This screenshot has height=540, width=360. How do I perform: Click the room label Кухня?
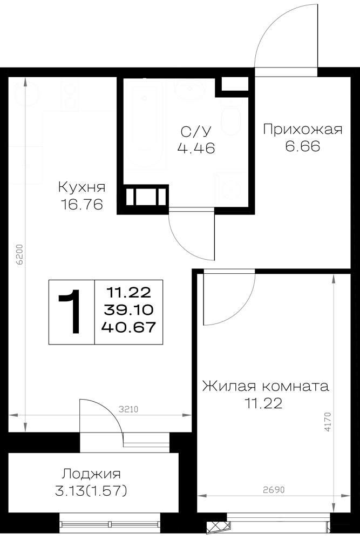pyautogui.click(x=81, y=188)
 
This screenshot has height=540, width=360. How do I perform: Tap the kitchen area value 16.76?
pyautogui.click(x=81, y=205)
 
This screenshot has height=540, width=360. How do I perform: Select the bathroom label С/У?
pyautogui.click(x=196, y=131)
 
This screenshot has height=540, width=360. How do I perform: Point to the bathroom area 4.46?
pyautogui.click(x=196, y=148)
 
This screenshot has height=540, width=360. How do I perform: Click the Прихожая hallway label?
pyautogui.click(x=303, y=130)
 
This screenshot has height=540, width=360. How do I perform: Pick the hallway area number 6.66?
pyautogui.click(x=303, y=146)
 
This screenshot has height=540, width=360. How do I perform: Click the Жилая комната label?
pyautogui.click(x=266, y=386)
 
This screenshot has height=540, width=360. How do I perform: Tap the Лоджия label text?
pyautogui.click(x=91, y=474)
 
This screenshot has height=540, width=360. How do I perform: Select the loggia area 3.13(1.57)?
pyautogui.click(x=91, y=491)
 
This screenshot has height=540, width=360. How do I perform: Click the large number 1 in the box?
pyautogui.click(x=71, y=312)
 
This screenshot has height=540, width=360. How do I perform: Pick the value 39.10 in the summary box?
pyautogui.click(x=128, y=309)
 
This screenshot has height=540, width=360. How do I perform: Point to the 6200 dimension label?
pyautogui.click(x=20, y=254)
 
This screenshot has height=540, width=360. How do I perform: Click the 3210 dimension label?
pyautogui.click(x=128, y=409)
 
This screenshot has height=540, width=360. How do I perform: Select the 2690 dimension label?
pyautogui.click(x=274, y=490)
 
